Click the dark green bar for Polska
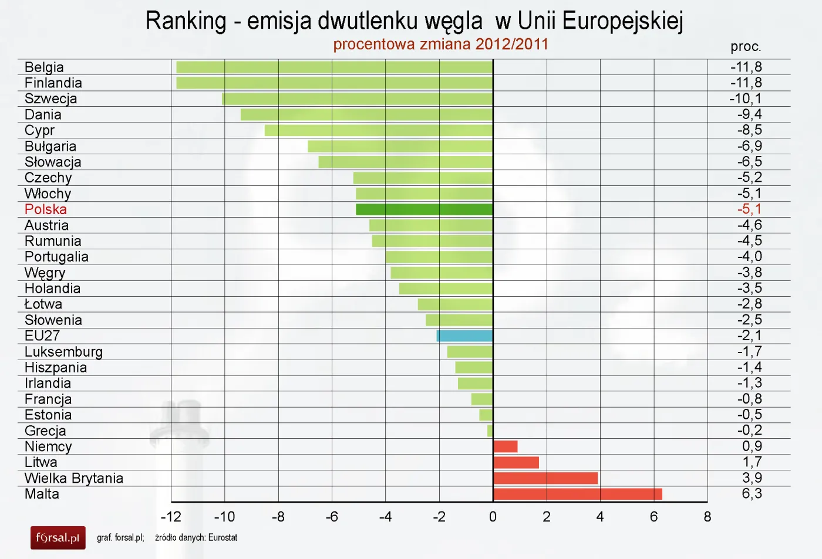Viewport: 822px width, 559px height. click(x=424, y=209)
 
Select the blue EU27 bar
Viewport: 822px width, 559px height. click(x=464, y=336)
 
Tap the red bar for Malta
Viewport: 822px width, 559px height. click(x=578, y=494)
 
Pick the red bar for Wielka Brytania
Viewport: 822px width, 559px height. click(x=545, y=478)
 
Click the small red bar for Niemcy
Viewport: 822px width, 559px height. click(x=506, y=446)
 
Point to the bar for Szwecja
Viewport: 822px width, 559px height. click(x=358, y=99)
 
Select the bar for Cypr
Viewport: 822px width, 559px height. click(x=379, y=130)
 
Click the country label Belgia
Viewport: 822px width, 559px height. click(x=44, y=67)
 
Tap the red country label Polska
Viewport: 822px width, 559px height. click(x=46, y=209)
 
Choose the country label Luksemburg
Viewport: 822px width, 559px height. click(x=63, y=352)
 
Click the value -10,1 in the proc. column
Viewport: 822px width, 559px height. click(x=746, y=99)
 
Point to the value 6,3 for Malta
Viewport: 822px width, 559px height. click(x=752, y=494)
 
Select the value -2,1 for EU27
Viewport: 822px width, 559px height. click(x=749, y=336)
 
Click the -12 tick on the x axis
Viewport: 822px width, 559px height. click(x=171, y=517)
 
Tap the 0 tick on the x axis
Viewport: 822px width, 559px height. click(x=493, y=517)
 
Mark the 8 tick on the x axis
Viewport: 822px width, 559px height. click(x=707, y=517)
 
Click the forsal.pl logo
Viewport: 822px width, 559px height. click(x=58, y=537)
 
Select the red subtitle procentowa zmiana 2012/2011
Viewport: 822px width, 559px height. click(x=440, y=45)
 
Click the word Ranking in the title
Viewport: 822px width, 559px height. click(x=186, y=21)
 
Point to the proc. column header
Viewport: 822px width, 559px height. click(x=746, y=47)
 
